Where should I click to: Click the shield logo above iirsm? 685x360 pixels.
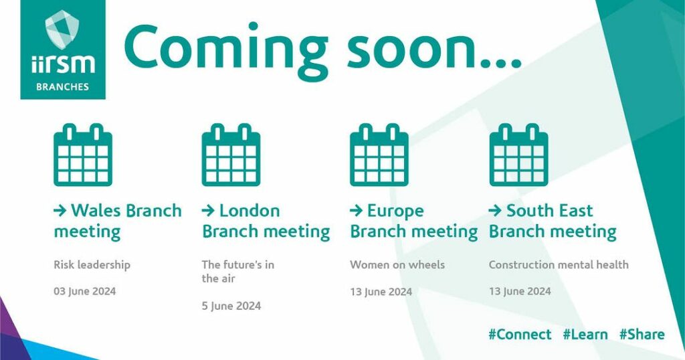[x=62, y=29]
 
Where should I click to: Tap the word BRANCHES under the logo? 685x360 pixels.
[x=62, y=86]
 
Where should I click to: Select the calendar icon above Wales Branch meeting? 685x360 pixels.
[x=83, y=155]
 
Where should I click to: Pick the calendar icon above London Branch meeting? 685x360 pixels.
[x=231, y=155]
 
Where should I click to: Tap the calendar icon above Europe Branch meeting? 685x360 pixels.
[x=379, y=155]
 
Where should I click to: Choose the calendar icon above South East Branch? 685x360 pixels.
[x=518, y=155]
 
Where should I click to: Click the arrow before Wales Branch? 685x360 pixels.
[x=60, y=211]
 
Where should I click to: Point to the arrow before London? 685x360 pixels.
[x=208, y=211]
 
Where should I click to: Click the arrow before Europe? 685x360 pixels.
[x=356, y=211]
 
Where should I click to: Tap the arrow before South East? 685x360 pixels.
[x=495, y=211]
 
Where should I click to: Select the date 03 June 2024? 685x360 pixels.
[x=85, y=291]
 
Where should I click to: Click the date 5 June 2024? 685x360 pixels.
[x=231, y=306]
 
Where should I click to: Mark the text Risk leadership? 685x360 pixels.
[x=92, y=265]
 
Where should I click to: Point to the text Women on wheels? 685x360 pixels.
[x=397, y=265]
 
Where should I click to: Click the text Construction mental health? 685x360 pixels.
[x=559, y=265]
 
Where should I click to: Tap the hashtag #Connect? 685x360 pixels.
[x=520, y=335]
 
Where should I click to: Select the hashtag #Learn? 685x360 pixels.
[x=585, y=335]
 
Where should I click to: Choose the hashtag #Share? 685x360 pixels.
[x=642, y=335]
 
